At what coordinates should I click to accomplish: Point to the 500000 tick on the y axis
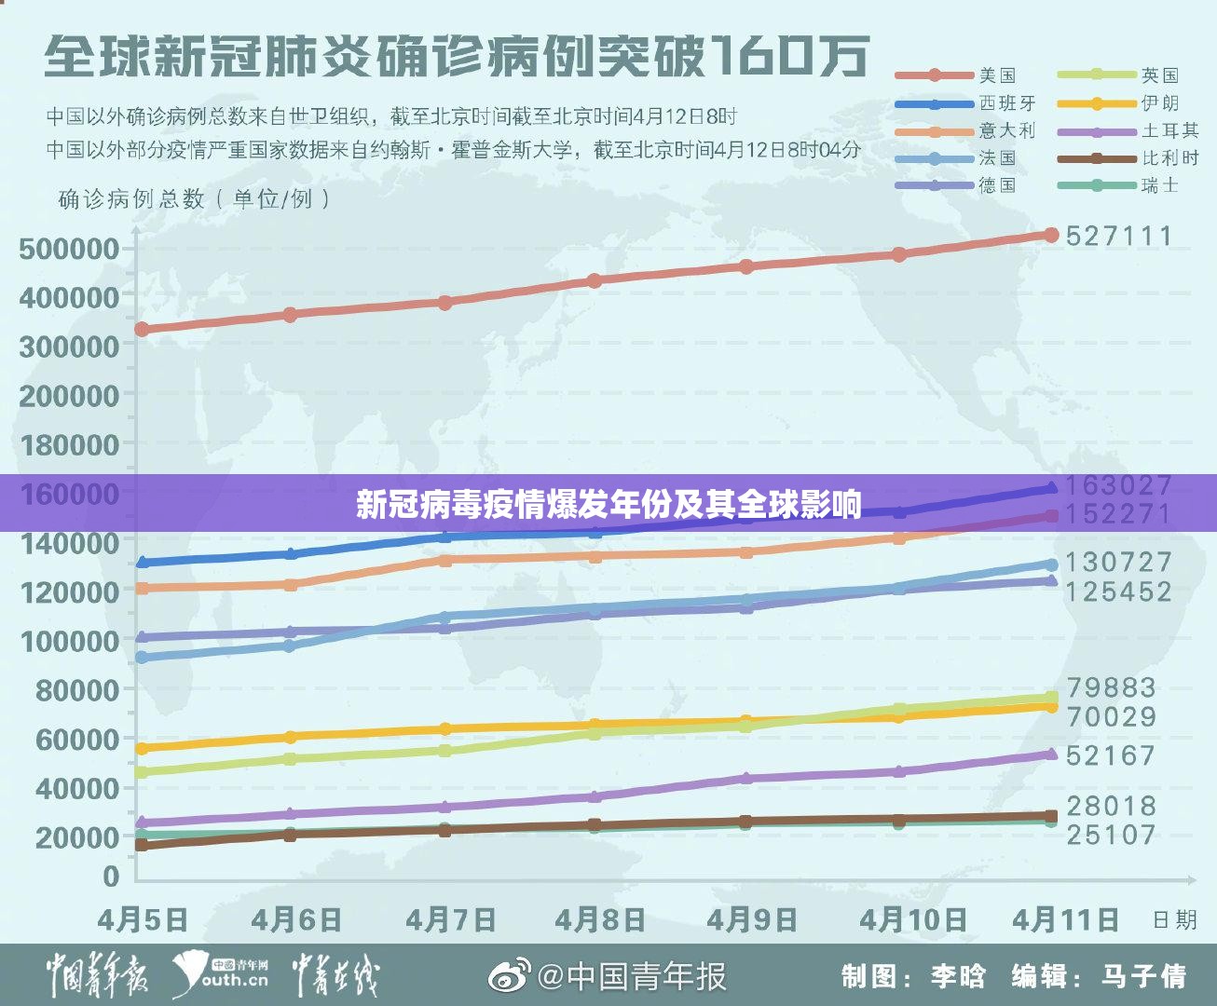(x=69, y=249)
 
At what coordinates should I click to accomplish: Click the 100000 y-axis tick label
(x=69, y=641)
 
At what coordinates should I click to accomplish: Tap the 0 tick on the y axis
(x=111, y=877)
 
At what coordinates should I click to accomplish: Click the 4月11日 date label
(x=1066, y=920)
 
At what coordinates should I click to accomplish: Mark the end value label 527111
(x=1119, y=236)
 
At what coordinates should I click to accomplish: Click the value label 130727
(x=1119, y=562)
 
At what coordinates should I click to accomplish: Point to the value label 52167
(x=1111, y=755)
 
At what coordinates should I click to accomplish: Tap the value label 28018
(x=1111, y=806)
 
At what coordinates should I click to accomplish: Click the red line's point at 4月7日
(x=444, y=303)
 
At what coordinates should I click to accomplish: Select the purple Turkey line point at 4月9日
(x=745, y=778)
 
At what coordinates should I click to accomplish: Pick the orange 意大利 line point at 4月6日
(x=290, y=585)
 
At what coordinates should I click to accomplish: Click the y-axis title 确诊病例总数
(x=130, y=198)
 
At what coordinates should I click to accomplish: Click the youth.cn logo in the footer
(x=224, y=975)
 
